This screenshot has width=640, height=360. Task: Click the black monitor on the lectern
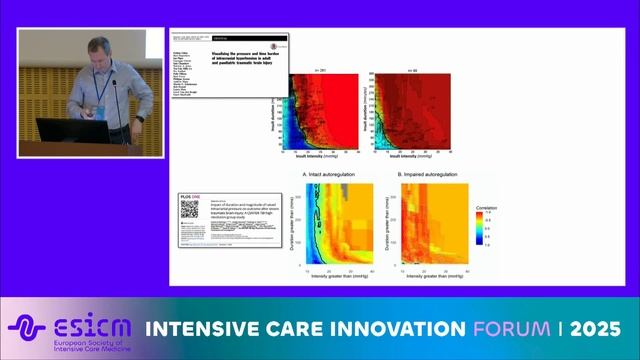(x=48, y=128)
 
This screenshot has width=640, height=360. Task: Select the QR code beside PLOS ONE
(x=189, y=209)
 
